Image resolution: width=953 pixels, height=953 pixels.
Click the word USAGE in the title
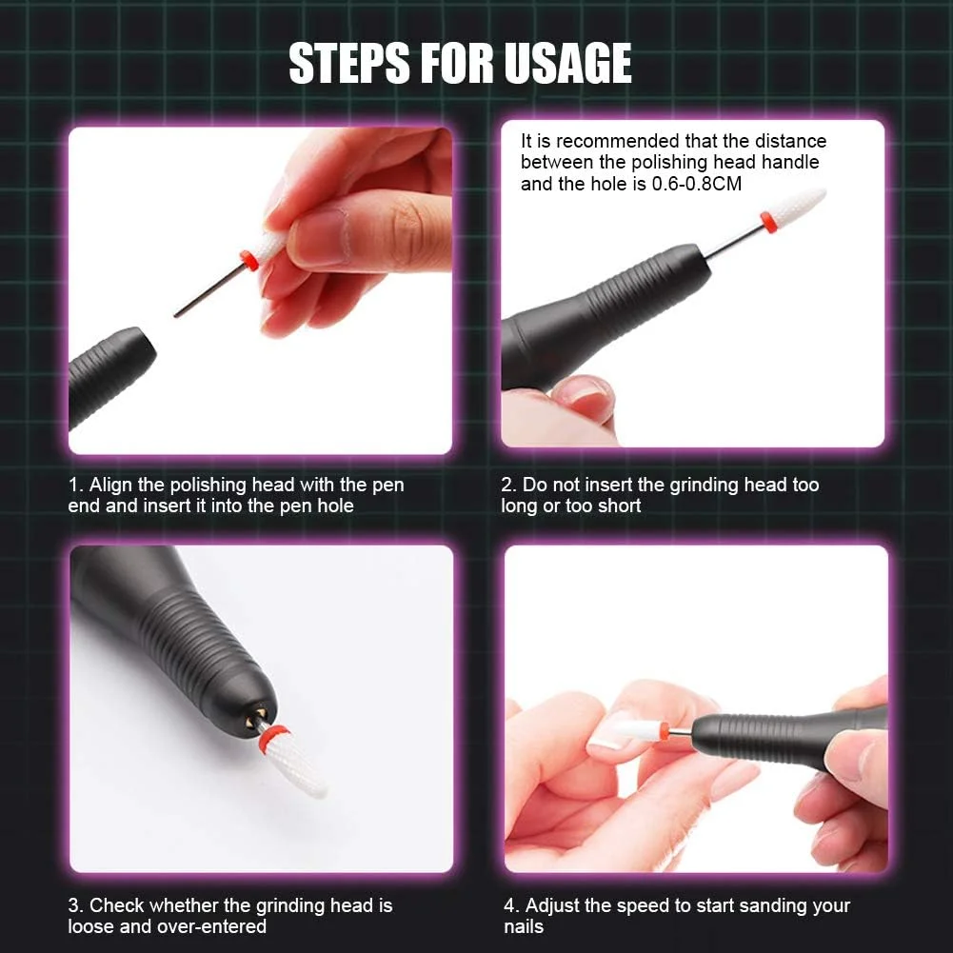pyautogui.click(x=567, y=63)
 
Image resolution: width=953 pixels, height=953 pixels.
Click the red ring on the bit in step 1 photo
pyautogui.click(x=248, y=259)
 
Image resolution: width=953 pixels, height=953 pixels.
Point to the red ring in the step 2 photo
pyautogui.click(x=769, y=223)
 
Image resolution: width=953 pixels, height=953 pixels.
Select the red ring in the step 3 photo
pyautogui.click(x=273, y=737)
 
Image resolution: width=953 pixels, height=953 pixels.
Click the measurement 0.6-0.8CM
pyautogui.click(x=697, y=184)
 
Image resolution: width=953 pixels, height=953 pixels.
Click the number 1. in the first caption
pyautogui.click(x=75, y=485)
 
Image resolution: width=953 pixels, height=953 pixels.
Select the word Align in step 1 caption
pyautogui.click(x=111, y=485)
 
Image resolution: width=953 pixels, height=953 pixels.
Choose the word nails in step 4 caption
pyautogui.click(x=524, y=927)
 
